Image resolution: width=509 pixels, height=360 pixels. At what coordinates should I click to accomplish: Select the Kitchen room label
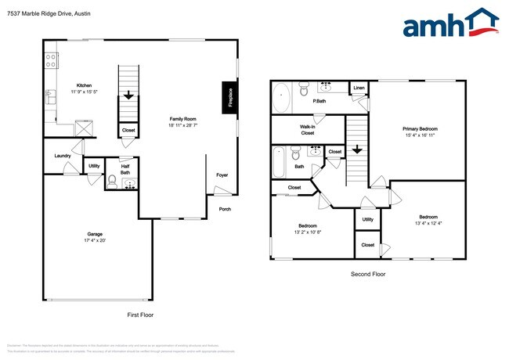click(85, 85)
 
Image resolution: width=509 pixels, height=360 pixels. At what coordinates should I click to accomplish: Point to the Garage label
click(95, 234)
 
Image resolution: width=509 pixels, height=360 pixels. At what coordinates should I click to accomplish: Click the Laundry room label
click(63, 155)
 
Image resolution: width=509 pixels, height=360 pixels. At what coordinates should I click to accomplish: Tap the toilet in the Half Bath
click(112, 182)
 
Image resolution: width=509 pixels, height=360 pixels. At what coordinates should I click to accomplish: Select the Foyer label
click(222, 175)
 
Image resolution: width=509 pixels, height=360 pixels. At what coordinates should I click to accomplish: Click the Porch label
click(225, 208)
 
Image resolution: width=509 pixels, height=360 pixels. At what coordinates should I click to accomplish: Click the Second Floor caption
click(367, 274)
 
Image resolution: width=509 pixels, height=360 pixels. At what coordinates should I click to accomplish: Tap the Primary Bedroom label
click(420, 128)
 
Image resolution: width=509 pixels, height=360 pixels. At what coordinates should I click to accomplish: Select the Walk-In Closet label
click(307, 129)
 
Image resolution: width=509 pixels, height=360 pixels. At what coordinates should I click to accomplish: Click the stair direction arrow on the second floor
click(356, 149)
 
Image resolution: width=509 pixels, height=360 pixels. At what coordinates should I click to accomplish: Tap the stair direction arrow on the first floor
click(128, 98)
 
